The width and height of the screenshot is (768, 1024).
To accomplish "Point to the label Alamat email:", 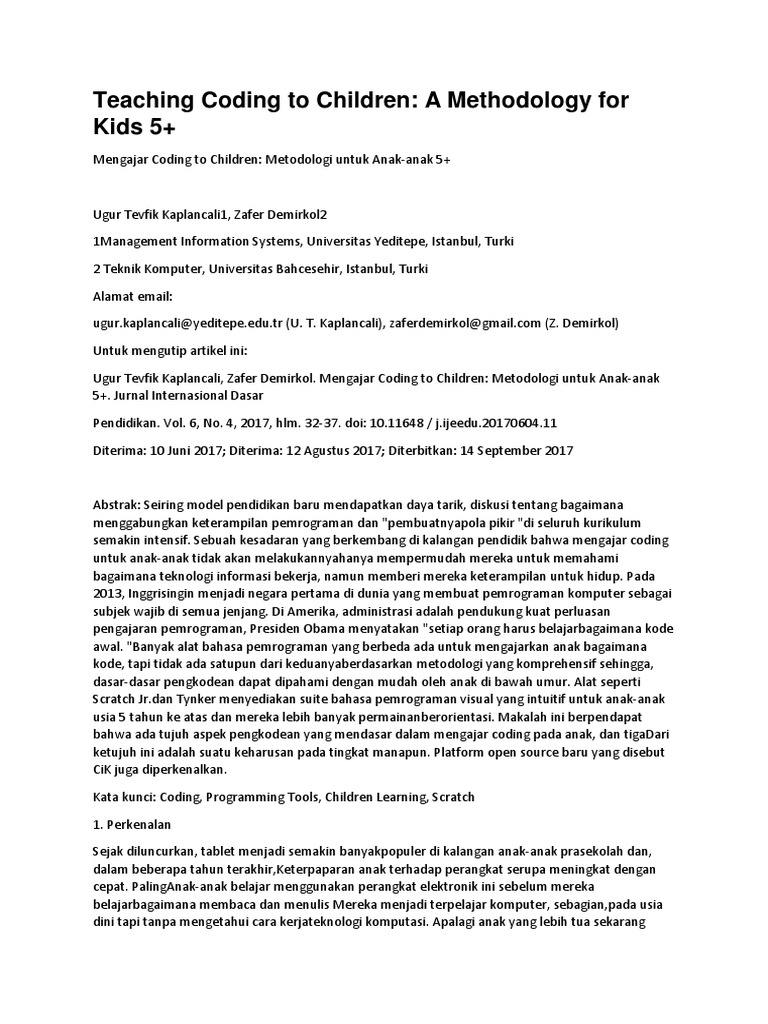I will (133, 296).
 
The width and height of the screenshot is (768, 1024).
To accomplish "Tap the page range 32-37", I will (314, 422).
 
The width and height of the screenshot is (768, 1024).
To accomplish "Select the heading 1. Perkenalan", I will (132, 825).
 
